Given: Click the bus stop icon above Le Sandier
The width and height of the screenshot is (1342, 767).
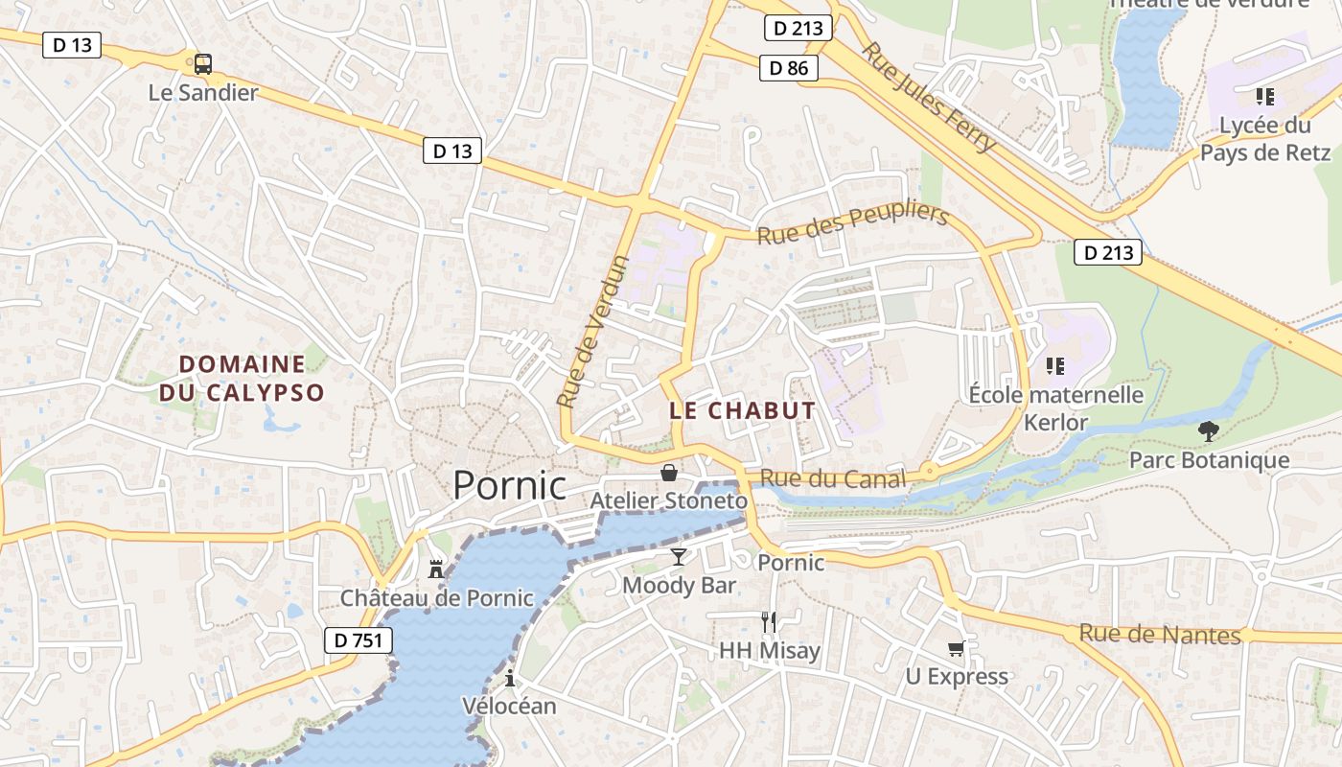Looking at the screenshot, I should pos(203,64).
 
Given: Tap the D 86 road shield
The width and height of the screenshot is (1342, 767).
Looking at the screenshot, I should pos(789,68).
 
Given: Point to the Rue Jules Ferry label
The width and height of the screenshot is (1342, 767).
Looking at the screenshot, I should pos(929,96).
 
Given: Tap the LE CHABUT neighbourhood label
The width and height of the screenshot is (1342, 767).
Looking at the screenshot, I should pos(742,411).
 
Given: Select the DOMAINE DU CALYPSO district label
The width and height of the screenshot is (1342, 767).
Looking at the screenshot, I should pos(242,378).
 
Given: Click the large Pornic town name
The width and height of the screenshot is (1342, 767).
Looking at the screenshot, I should pos(509,485).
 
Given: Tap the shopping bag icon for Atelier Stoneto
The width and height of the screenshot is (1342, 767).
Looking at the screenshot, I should pos(669,473).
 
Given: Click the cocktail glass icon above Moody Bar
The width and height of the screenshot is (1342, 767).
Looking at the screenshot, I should pos(679,557).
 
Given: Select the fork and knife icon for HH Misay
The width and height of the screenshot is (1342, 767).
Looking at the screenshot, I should pos(769,622).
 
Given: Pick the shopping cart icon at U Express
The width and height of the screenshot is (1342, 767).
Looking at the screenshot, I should pos(956,649).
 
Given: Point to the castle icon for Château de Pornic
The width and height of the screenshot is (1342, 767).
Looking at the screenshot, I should pos(436,569).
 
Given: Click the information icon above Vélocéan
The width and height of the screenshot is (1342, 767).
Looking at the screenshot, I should pos(509,679).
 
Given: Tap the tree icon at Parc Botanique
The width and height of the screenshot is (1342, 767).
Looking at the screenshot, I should pos(1209,432).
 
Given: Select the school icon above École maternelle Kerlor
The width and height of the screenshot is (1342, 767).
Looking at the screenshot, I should pos(1055,365).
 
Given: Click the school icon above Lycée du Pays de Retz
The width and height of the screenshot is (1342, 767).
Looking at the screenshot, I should pos(1264,96).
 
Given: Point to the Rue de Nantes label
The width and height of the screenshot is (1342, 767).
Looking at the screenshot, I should pos(1160,634).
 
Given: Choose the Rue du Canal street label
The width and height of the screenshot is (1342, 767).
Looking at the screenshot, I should pos(832,478).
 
